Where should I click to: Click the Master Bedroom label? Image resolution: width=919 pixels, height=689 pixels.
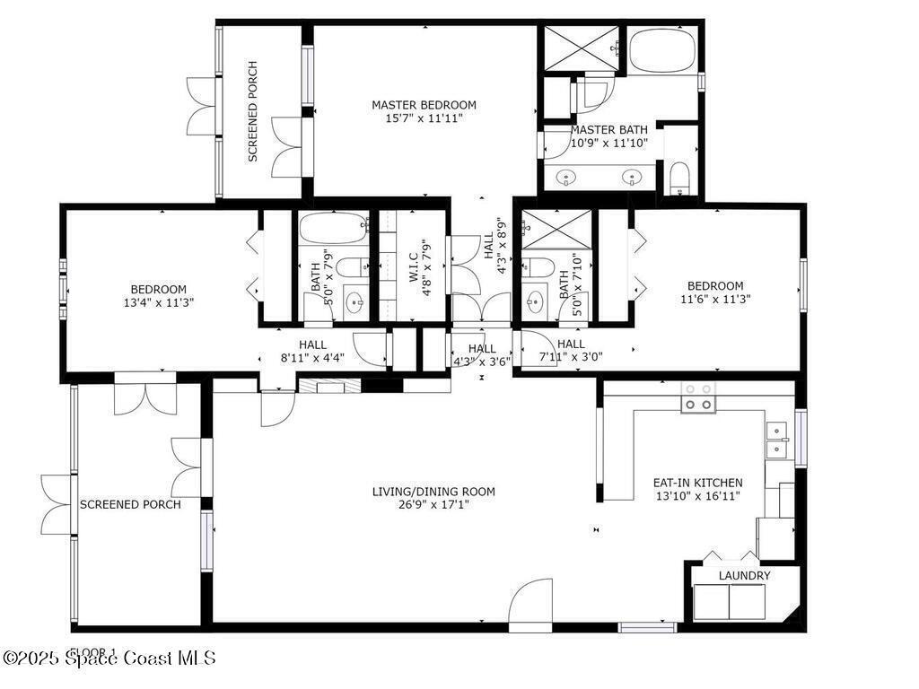click(424, 105)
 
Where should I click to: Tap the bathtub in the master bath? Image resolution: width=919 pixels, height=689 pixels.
click(662, 51)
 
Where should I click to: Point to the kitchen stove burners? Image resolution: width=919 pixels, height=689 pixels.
click(698, 397)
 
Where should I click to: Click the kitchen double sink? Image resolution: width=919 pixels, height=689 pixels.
click(776, 440)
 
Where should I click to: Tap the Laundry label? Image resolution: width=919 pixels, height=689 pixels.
click(744, 575)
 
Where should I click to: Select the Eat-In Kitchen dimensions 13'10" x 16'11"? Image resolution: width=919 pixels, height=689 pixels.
click(697, 496)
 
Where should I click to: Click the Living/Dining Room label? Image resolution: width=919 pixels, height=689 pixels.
click(433, 492)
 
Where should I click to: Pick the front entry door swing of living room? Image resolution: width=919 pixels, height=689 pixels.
click(530, 606)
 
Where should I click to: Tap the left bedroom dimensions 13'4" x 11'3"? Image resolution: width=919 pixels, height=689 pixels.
click(158, 302)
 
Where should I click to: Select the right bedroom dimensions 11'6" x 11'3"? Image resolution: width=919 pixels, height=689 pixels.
click(715, 300)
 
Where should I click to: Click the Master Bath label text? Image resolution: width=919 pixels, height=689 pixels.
click(608, 129)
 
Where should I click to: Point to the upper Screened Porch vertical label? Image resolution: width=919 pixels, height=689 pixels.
click(252, 110)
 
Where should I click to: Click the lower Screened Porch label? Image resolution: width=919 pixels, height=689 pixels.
click(130, 504)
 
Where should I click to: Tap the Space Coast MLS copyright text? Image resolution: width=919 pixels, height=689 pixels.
click(109, 658)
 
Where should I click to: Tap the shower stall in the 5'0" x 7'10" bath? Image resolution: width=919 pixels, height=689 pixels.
click(556, 229)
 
